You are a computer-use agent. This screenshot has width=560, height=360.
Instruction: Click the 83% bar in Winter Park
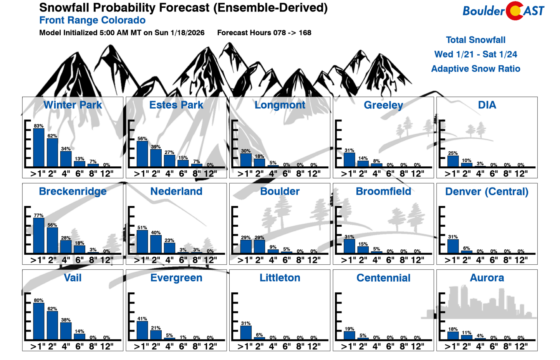[x=39, y=148]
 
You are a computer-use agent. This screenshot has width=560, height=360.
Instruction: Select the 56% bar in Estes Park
[x=142, y=154]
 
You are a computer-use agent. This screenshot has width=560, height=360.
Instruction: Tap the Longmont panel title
[x=280, y=105]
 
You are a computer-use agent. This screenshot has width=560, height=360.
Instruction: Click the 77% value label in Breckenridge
[x=39, y=216]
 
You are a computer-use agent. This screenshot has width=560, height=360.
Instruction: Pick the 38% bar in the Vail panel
[x=66, y=331]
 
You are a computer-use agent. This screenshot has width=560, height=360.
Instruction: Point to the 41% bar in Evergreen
[x=142, y=330]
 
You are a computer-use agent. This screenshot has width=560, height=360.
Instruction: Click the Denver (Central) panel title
[x=487, y=191]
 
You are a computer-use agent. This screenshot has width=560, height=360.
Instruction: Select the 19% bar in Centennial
[x=350, y=335]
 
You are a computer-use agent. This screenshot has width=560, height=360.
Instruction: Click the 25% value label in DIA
[x=453, y=153]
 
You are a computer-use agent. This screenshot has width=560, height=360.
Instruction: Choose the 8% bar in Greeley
[x=376, y=165]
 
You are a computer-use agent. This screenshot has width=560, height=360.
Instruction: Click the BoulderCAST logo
[x=503, y=11]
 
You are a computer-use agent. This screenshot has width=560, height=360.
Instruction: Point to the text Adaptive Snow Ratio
[x=476, y=69]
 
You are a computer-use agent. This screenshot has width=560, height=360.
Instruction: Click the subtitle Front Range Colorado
[x=92, y=20]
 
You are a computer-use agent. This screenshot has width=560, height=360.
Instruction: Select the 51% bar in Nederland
[x=142, y=242]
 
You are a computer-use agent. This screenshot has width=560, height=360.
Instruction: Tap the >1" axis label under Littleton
[x=244, y=346]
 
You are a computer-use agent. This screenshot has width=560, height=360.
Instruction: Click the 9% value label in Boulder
[x=273, y=247]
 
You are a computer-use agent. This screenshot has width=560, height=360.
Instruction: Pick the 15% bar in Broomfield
[x=363, y=249]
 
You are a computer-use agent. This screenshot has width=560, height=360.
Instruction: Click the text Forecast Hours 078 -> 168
[x=264, y=33]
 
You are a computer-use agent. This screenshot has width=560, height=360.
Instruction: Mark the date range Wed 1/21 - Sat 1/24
[x=476, y=55]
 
